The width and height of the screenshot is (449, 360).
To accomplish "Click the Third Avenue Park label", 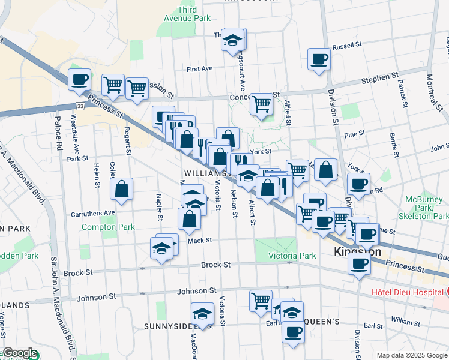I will [x=187, y=14].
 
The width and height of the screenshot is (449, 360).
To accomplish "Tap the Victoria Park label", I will [x=292, y=256].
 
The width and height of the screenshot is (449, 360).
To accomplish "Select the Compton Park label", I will [x=108, y=227].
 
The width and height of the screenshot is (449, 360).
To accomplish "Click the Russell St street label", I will [x=347, y=45].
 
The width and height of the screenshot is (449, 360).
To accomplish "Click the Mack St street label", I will [x=199, y=241].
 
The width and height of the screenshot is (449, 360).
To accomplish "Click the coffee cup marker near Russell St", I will [x=319, y=59].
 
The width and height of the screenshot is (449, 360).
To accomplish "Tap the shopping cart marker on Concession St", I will [x=261, y=104].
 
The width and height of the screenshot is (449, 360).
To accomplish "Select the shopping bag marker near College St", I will [x=122, y=190].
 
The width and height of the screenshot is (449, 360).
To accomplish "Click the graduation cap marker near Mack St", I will [x=161, y=247].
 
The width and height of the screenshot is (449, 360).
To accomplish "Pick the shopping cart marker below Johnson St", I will [x=261, y=300].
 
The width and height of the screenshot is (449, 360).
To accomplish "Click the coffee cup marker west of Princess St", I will [x=79, y=80].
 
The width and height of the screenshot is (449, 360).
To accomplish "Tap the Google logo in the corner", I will [x=19, y=353].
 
